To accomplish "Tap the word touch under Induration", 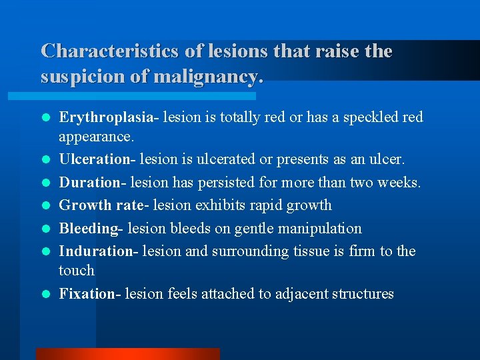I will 77,271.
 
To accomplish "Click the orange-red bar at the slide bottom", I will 127,353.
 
